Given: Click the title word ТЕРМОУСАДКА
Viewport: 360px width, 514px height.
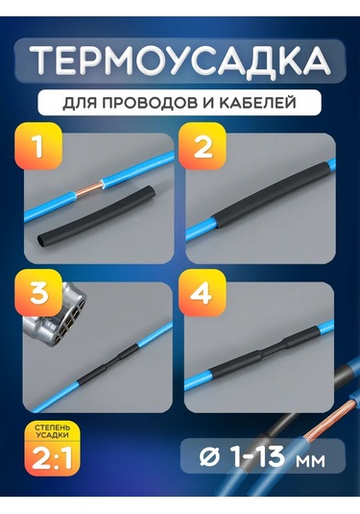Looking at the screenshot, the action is coord(180,61).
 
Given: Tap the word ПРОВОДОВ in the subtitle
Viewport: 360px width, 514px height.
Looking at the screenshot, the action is coord(149,103).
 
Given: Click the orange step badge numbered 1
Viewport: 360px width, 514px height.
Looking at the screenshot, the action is coord(38,146).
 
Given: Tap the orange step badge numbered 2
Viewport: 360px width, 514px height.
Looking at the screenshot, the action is coord(203,146).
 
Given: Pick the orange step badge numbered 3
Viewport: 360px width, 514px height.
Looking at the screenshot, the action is coord(38,292).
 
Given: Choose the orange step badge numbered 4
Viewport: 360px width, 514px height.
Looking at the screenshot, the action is coord(202,292).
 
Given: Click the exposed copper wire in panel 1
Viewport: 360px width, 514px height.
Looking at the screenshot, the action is coord(88,190).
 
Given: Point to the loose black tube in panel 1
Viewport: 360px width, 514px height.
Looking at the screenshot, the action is coord(97,214).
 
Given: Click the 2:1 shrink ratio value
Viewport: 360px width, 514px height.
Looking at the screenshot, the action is coord(52,457).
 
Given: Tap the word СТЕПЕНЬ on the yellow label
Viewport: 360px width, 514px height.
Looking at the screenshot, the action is coord(53,428).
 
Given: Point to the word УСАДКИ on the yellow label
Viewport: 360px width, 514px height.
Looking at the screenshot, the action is coord(53,435).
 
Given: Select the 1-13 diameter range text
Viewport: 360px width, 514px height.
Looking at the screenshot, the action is coord(258,456).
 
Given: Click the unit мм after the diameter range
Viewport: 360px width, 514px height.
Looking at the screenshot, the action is coord(310,460).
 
